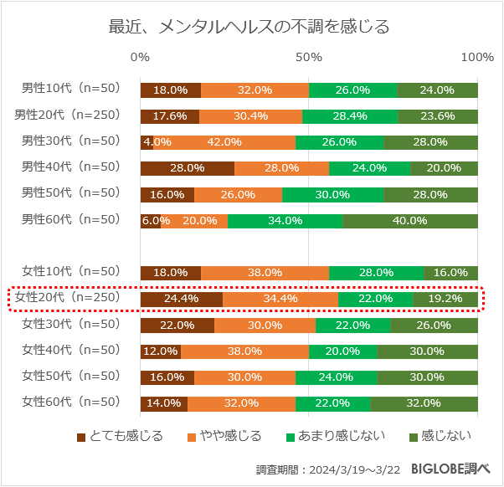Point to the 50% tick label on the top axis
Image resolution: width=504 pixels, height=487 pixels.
click(x=309, y=57)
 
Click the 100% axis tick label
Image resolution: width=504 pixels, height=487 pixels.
click(x=477, y=57)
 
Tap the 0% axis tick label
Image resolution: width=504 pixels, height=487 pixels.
click(x=141, y=57)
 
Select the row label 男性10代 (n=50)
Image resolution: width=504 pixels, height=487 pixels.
click(x=71, y=89)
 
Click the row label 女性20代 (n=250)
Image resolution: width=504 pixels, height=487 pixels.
click(x=71, y=298)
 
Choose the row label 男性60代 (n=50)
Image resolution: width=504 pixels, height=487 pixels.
click(x=71, y=220)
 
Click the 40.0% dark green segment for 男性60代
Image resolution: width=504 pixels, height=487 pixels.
click(x=410, y=221)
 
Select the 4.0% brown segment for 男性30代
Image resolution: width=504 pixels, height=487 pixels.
click(x=147, y=142)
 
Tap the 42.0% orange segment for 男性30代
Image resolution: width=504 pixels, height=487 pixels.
click(x=224, y=142)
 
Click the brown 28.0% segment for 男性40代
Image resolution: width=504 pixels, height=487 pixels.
click(x=188, y=168)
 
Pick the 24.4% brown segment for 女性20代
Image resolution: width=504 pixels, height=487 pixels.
click(x=182, y=299)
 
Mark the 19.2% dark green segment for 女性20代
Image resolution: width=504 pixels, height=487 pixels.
click(x=445, y=299)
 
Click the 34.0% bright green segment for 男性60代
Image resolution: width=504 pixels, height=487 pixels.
click(x=285, y=221)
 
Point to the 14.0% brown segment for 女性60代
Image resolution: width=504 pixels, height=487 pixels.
click(x=164, y=402)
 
